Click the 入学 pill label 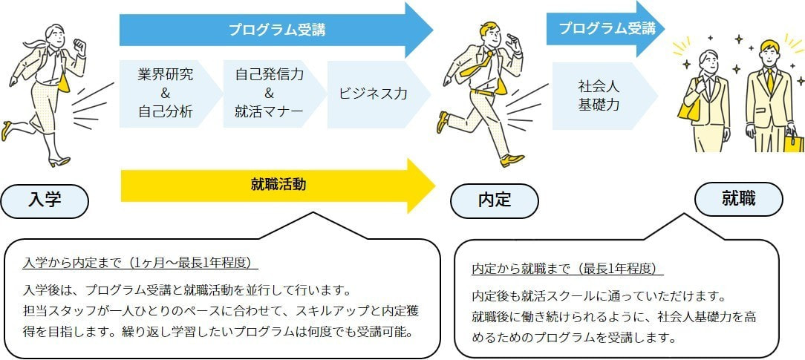[45, 200]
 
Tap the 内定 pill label [494, 200]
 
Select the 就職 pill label [738, 198]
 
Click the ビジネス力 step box [374, 94]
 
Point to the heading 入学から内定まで [141, 263]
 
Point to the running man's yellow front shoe [512, 160]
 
